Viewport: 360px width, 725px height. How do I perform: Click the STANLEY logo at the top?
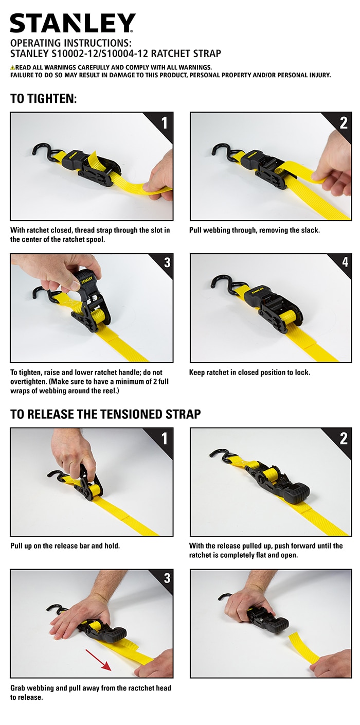[73, 23]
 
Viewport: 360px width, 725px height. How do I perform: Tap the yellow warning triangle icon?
[12, 67]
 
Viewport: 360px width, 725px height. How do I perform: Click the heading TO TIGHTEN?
[43, 98]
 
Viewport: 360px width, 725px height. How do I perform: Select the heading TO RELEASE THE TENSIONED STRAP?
[105, 414]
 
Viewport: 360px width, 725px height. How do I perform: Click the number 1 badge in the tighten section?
[164, 122]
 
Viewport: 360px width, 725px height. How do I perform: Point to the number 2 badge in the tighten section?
[343, 122]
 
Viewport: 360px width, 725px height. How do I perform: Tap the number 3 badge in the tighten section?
[166, 263]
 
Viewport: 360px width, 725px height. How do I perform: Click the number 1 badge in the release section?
[164, 438]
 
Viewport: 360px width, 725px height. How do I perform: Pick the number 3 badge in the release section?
[166, 578]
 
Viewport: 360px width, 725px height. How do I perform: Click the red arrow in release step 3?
[99, 660]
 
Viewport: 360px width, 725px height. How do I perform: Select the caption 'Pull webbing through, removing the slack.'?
[254, 230]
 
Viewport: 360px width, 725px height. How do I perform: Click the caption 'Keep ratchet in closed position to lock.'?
[249, 372]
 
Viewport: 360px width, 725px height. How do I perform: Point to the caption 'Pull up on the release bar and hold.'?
[65, 545]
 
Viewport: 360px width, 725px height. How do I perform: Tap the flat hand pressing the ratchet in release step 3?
[77, 617]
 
